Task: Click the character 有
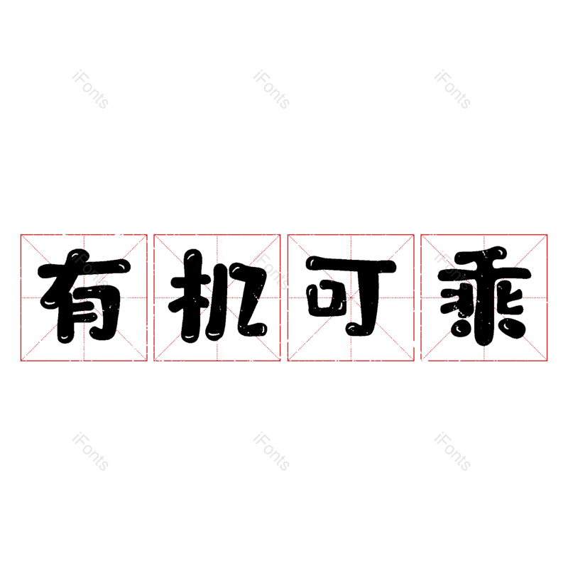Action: (x=84, y=297)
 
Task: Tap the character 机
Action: (x=217, y=297)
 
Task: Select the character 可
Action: (x=351, y=297)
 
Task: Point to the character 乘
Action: (x=484, y=297)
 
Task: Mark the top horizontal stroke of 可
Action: (x=351, y=267)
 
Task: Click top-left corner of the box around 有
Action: (x=21, y=234)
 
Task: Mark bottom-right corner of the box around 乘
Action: (x=547, y=361)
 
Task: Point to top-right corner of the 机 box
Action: (x=280, y=234)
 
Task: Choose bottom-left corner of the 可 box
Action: (x=288, y=361)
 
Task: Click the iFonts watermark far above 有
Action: (x=90, y=89)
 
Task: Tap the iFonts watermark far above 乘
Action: (x=452, y=89)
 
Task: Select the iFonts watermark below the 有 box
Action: (x=90, y=452)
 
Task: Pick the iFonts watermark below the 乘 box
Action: (x=452, y=452)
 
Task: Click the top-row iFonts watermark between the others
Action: (x=271, y=89)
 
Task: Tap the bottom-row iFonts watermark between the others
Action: (x=271, y=452)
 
